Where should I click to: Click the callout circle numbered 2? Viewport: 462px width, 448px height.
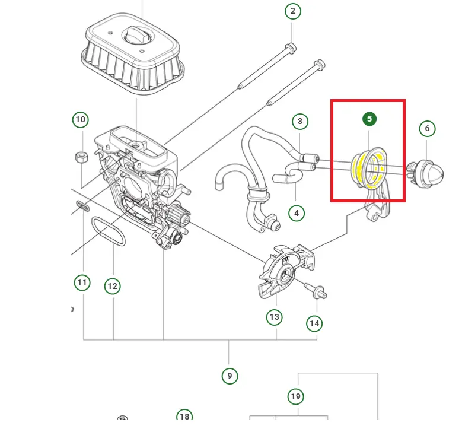[293, 11]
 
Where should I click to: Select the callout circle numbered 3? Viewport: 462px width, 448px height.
[300, 121]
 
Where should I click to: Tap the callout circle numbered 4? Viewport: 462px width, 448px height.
[297, 213]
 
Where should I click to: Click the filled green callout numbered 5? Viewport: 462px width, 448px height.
[369, 119]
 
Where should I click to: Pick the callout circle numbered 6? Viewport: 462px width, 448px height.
[427, 129]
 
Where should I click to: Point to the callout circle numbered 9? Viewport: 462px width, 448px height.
[230, 376]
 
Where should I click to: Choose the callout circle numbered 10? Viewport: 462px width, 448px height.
[81, 120]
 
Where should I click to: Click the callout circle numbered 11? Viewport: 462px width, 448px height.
[82, 282]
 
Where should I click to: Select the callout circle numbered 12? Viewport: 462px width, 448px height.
[113, 286]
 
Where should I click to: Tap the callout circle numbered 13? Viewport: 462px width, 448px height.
[275, 317]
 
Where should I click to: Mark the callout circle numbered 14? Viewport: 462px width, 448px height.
[314, 323]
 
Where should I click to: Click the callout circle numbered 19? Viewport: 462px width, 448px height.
[295, 396]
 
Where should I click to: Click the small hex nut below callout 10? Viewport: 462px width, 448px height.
[81, 157]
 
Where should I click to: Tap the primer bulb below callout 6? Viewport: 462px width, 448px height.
[425, 174]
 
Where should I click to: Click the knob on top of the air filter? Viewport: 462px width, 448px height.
[138, 34]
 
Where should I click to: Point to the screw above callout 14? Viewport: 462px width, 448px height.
[316, 291]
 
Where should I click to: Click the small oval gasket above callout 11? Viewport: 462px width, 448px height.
[84, 205]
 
